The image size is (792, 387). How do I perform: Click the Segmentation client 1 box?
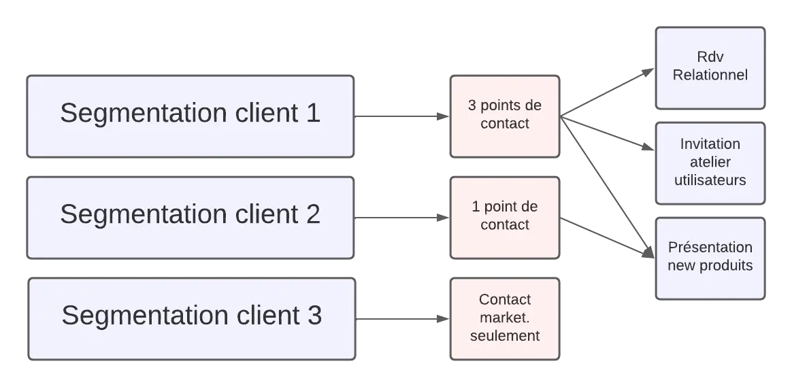click(x=190, y=116)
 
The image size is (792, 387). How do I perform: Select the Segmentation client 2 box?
click(x=190, y=218)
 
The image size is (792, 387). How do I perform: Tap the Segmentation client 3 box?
click(x=191, y=318)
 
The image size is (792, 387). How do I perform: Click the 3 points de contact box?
click(x=504, y=116)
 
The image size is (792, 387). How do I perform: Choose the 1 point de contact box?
click(x=504, y=218)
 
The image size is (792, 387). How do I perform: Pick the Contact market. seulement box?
click(x=504, y=318)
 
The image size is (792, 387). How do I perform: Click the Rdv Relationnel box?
click(x=710, y=67)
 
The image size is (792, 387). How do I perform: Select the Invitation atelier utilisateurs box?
click(x=710, y=163)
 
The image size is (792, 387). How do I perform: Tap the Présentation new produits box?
click(x=710, y=258)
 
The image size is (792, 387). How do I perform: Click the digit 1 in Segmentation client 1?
click(x=312, y=114)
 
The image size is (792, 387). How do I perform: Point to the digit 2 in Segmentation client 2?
click(x=312, y=215)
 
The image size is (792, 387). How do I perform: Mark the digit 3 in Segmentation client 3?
click(x=314, y=316)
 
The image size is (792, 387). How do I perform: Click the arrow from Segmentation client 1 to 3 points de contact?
click(x=401, y=116)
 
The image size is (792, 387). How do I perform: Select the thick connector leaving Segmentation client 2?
click(x=401, y=218)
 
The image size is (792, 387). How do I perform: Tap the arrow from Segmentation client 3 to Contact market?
click(x=401, y=318)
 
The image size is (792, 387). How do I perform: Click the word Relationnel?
click(x=710, y=75)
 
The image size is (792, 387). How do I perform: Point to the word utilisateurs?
click(x=710, y=180)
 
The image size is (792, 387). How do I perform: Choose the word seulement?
click(x=504, y=336)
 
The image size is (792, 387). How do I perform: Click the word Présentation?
click(x=710, y=248)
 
